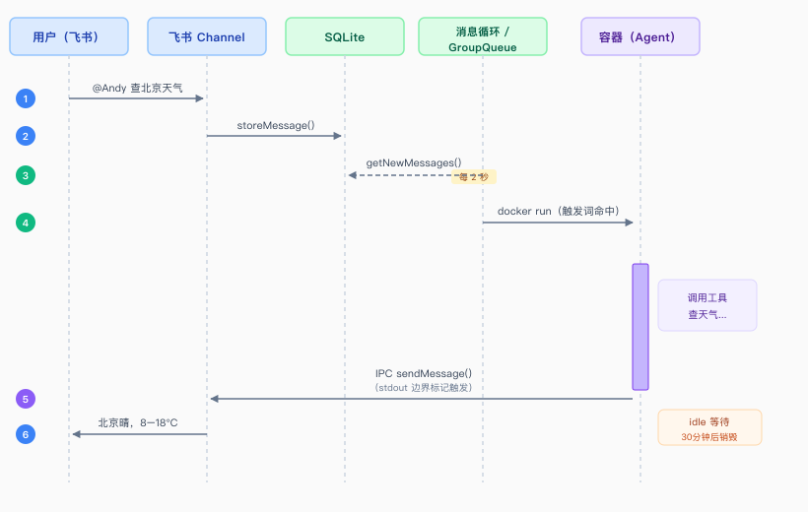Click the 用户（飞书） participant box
pyautogui.click(x=69, y=37)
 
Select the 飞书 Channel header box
pyautogui.click(x=207, y=37)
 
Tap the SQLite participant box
pyautogui.click(x=345, y=37)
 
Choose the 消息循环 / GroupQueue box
pyautogui.click(x=483, y=37)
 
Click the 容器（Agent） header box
pyautogui.click(x=640, y=37)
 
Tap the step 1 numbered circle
pyautogui.click(x=26, y=98)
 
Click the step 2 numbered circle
pyautogui.click(x=26, y=136)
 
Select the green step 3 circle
pyautogui.click(x=26, y=175)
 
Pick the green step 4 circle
pyautogui.click(x=26, y=223)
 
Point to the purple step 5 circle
pyautogui.click(x=26, y=399)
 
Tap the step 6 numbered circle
pyautogui.click(x=26, y=433)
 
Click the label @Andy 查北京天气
pyautogui.click(x=137, y=88)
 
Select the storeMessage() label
pyautogui.click(x=276, y=125)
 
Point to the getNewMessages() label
pyautogui.click(x=414, y=162)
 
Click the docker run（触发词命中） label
pyautogui.click(x=558, y=211)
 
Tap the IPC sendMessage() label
pyautogui.click(x=424, y=374)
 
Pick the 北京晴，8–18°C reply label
pyautogui.click(x=138, y=422)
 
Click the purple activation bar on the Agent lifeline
pyautogui.click(x=640, y=326)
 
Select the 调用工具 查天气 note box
pyautogui.click(x=707, y=305)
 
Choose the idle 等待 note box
pyautogui.click(x=709, y=427)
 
